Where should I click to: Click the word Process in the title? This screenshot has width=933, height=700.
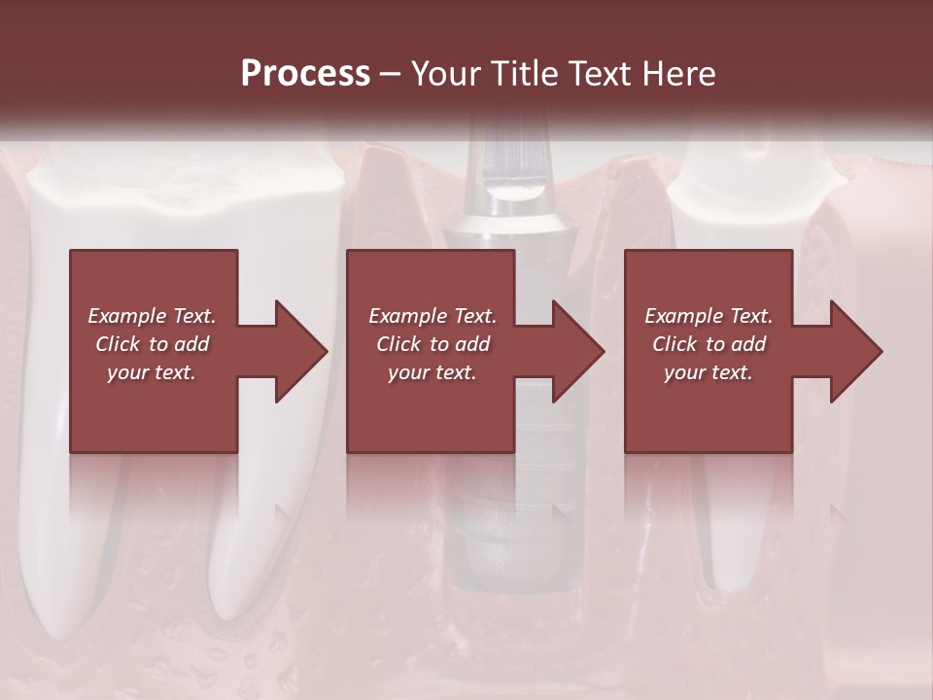tap(305, 73)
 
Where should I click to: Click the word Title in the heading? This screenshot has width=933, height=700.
tap(526, 73)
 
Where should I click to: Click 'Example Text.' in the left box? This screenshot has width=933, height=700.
tap(152, 316)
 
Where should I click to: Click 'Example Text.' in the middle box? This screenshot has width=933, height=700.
tap(432, 316)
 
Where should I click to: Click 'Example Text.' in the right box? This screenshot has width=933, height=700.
tap(708, 316)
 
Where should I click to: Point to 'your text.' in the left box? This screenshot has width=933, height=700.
tap(152, 372)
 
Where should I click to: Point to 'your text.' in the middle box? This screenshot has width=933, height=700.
tap(432, 372)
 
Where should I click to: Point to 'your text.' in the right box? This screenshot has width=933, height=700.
tap(708, 372)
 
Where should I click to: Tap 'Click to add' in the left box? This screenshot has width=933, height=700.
tap(152, 344)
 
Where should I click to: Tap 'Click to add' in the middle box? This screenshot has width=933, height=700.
tap(432, 344)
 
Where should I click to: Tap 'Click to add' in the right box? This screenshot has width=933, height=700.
tap(708, 344)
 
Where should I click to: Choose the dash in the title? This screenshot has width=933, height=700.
tap(391, 75)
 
